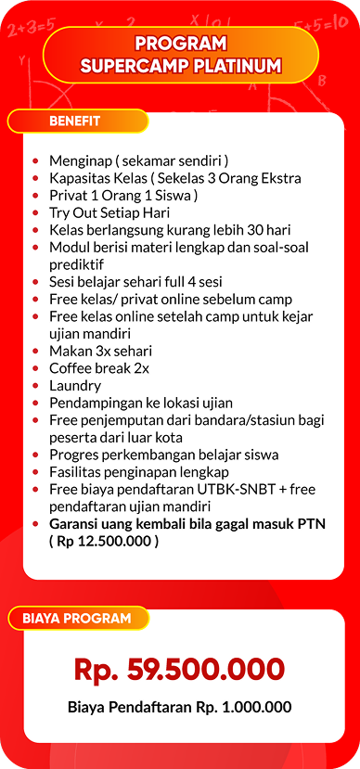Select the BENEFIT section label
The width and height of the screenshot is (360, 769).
(75, 121)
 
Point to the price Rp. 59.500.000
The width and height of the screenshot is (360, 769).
(179, 669)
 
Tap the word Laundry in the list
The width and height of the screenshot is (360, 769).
(75, 385)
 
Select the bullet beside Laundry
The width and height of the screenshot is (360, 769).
(35, 386)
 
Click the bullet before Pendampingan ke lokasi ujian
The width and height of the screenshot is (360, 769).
(35, 404)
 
